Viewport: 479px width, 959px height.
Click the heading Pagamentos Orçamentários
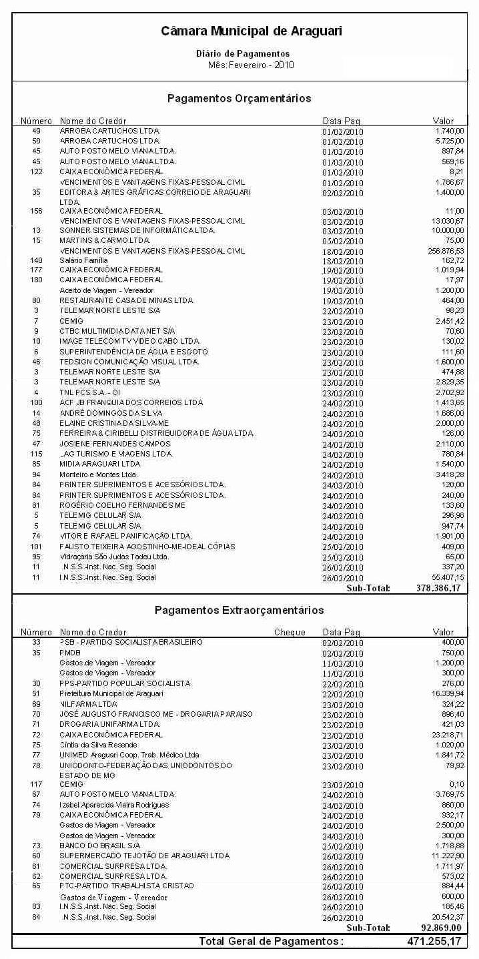coord(239,98)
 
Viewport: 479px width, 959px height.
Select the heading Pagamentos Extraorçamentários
coord(239,610)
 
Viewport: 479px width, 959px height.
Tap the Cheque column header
coord(290,632)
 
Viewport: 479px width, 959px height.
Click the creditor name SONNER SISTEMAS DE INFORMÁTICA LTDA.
coord(137,230)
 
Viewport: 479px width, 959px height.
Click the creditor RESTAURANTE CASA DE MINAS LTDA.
coord(127,300)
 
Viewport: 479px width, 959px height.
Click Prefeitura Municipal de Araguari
coord(111,693)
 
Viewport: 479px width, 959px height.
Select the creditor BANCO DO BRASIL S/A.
coord(100,846)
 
